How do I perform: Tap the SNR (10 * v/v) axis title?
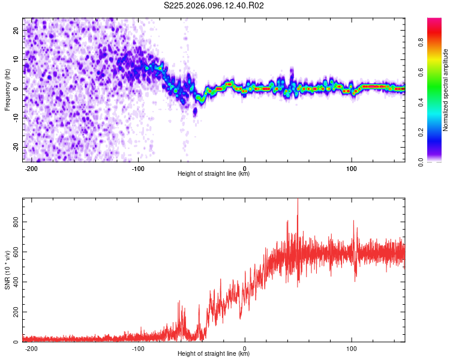pyautogui.click(x=7, y=270)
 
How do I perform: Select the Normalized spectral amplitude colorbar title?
pyautogui.click(x=446, y=90)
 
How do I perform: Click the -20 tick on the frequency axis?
pyautogui.click(x=16, y=147)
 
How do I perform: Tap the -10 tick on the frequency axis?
pyautogui.click(x=16, y=118)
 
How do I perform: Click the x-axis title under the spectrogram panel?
pyautogui.click(x=214, y=174)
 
